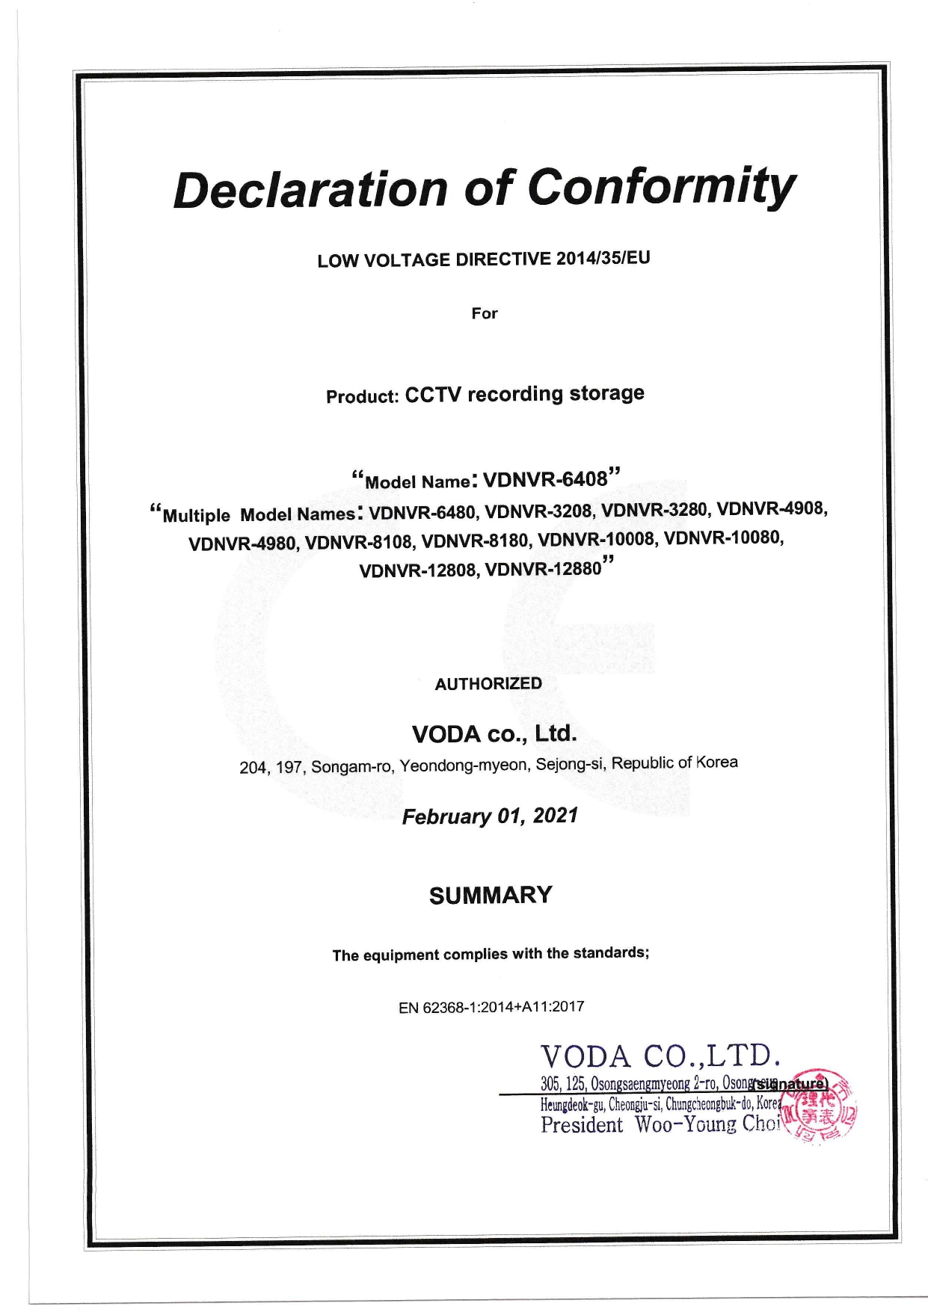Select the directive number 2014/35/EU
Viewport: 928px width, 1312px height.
[x=603, y=258]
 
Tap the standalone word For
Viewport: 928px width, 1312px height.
[x=484, y=313]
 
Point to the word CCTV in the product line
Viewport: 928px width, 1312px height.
[x=433, y=395]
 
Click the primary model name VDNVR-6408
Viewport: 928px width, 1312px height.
[x=545, y=479]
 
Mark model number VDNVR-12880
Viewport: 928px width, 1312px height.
[x=544, y=570]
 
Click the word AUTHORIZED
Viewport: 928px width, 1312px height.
[x=488, y=683]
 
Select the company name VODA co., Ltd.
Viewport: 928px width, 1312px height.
[x=494, y=734]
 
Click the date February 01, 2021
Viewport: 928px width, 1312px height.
[x=490, y=816]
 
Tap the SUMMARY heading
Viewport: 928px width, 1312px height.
[x=491, y=895]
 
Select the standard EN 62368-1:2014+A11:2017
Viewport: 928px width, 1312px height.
[x=491, y=1006]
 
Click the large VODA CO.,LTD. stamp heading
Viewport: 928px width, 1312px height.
[x=661, y=1056]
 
